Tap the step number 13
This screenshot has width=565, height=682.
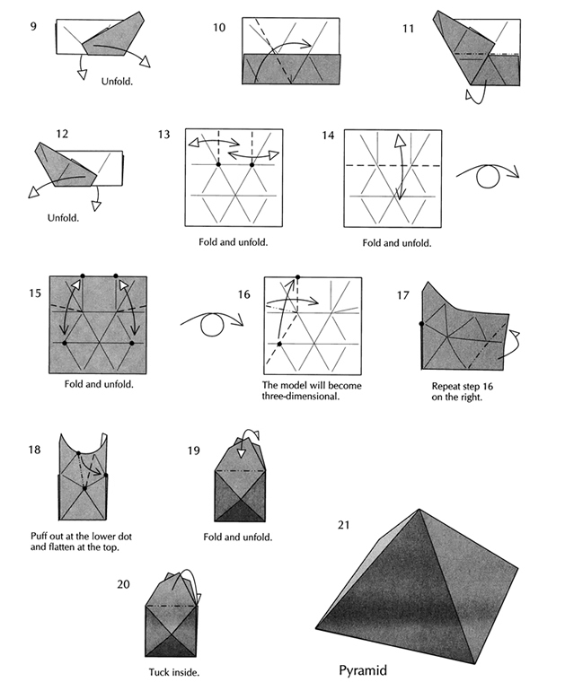coord(163,135)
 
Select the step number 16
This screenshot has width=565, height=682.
coord(244,294)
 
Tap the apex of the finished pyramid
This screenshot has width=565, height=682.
coord(419,511)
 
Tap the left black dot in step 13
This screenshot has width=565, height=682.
coord(218,164)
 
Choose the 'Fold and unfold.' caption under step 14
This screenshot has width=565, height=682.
coord(396,242)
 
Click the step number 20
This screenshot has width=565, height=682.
coord(124,584)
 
